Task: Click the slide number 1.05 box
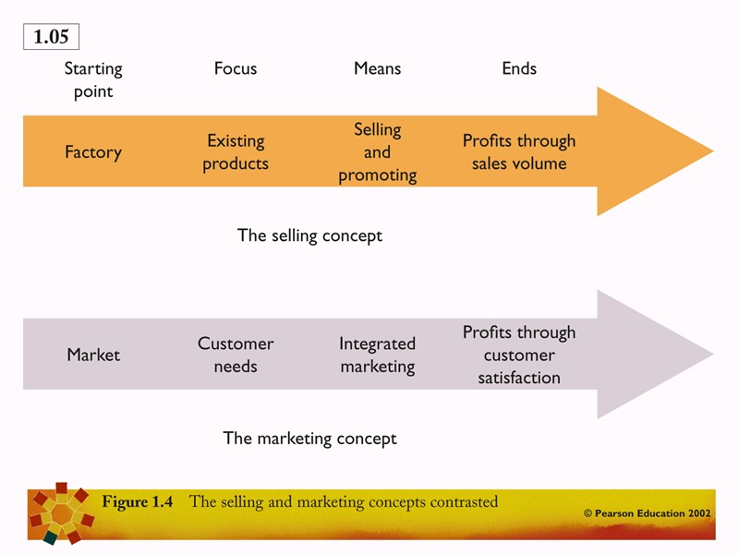52,37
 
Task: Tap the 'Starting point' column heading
93,79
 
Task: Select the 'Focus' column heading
236,68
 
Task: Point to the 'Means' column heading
377,68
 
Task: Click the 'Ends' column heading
519,68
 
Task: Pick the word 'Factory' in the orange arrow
93,152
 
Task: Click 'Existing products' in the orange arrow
236,152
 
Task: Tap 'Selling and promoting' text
377,152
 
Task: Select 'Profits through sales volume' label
519,152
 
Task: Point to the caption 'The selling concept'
309,235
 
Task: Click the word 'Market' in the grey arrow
93,355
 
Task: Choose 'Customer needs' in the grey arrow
236,355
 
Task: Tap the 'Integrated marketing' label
377,355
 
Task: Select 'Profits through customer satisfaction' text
519,355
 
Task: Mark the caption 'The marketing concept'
309,439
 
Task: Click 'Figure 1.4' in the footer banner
138,502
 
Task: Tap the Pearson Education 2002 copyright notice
647,513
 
